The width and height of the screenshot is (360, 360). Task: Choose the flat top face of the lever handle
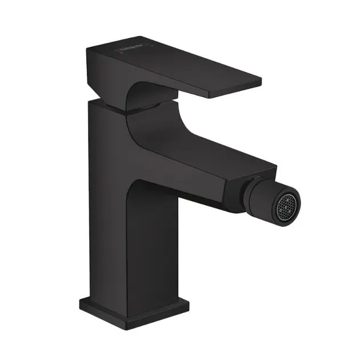(x=183, y=66)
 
